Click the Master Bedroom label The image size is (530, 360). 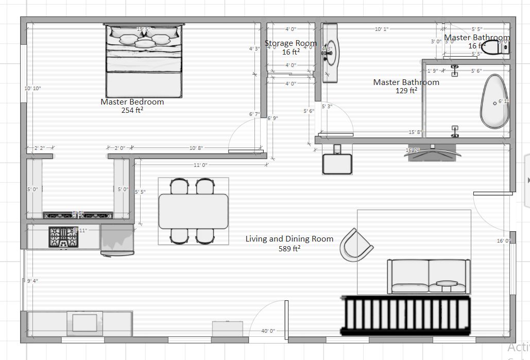point(132,102)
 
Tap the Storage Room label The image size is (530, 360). point(291,43)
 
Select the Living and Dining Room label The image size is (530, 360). point(289,239)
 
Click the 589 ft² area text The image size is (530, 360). point(289,248)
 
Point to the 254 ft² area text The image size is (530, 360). point(132,110)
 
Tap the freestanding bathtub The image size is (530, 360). point(495,102)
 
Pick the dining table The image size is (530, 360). point(194,211)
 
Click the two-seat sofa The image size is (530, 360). point(429,276)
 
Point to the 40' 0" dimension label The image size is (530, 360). point(268,331)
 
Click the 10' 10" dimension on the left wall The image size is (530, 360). point(32,89)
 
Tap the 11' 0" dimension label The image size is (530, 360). point(200,165)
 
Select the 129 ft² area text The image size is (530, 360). point(406,91)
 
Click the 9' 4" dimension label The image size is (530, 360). point(32,281)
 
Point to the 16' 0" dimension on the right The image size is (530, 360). point(503,241)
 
